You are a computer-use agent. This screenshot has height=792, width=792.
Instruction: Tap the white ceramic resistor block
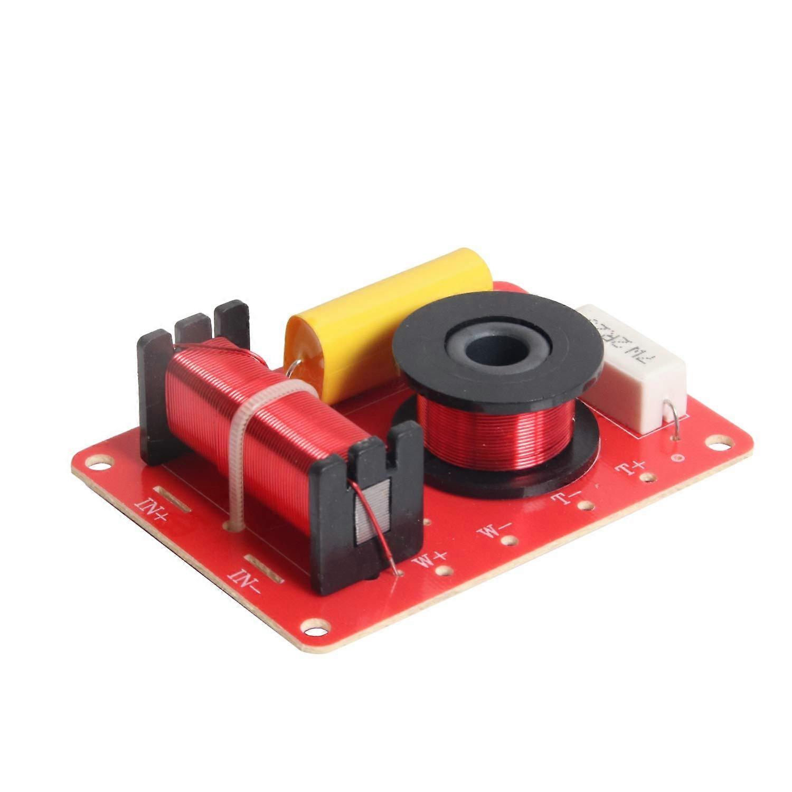tap(636, 370)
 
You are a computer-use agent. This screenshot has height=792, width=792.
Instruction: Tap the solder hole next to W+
tap(445, 570)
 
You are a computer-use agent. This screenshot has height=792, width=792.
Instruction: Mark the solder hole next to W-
tap(510, 541)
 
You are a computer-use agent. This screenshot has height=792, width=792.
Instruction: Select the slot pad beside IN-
tap(264, 568)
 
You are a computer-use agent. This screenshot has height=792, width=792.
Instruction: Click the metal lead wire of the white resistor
tap(672, 417)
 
